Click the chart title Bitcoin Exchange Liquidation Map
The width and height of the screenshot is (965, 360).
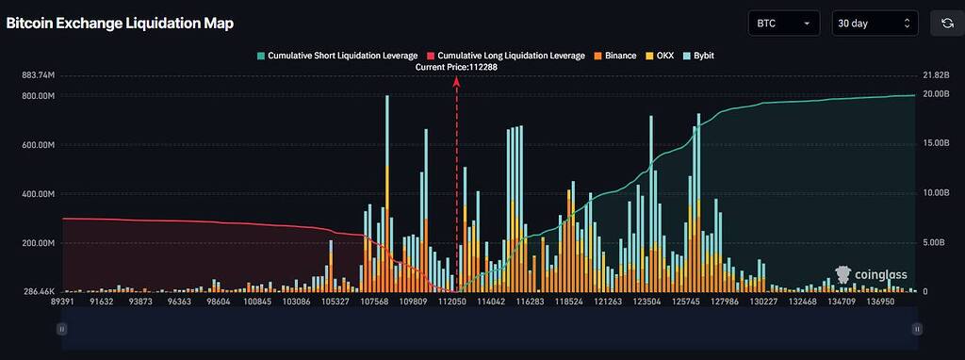(120, 23)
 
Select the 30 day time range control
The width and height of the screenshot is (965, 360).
(875, 23)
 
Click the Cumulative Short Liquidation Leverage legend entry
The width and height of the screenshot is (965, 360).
(335, 56)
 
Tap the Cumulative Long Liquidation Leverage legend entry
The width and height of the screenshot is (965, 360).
(505, 56)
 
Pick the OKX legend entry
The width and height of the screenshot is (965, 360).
(661, 56)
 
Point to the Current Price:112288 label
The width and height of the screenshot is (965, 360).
(456, 67)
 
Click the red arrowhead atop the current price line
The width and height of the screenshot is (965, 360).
(457, 80)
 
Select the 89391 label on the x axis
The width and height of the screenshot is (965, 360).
(62, 302)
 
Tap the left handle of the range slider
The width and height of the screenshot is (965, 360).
(61, 329)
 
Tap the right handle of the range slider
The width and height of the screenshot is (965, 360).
(917, 329)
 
